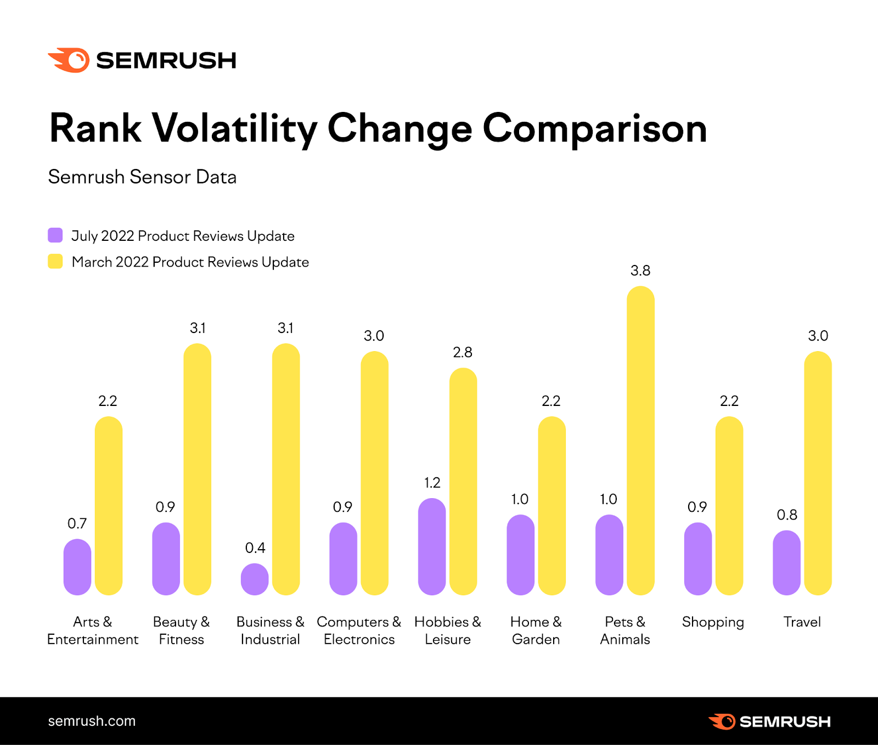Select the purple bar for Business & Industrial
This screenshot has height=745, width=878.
click(x=255, y=579)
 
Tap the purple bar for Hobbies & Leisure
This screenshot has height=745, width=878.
click(x=432, y=546)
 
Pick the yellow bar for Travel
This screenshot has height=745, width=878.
click(x=818, y=473)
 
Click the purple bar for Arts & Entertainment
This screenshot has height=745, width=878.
click(x=77, y=567)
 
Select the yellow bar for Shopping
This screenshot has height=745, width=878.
click(x=729, y=506)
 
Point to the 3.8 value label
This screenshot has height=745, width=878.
click(x=640, y=270)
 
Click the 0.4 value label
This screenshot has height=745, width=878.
click(x=255, y=548)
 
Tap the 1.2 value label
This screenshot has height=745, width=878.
click(x=432, y=483)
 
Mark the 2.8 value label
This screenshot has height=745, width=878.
click(x=463, y=352)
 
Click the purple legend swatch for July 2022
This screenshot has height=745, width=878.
click(x=55, y=235)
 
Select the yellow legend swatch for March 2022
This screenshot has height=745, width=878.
click(x=55, y=262)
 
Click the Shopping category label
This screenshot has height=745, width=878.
click(x=713, y=622)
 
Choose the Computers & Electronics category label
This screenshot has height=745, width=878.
click(x=359, y=630)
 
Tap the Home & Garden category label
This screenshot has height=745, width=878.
click(x=536, y=630)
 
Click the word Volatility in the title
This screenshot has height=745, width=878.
click(x=234, y=129)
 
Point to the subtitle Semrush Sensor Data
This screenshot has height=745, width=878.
click(x=142, y=177)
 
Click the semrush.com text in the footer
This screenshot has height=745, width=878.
click(x=92, y=721)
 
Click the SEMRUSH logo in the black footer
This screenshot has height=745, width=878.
click(x=770, y=721)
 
